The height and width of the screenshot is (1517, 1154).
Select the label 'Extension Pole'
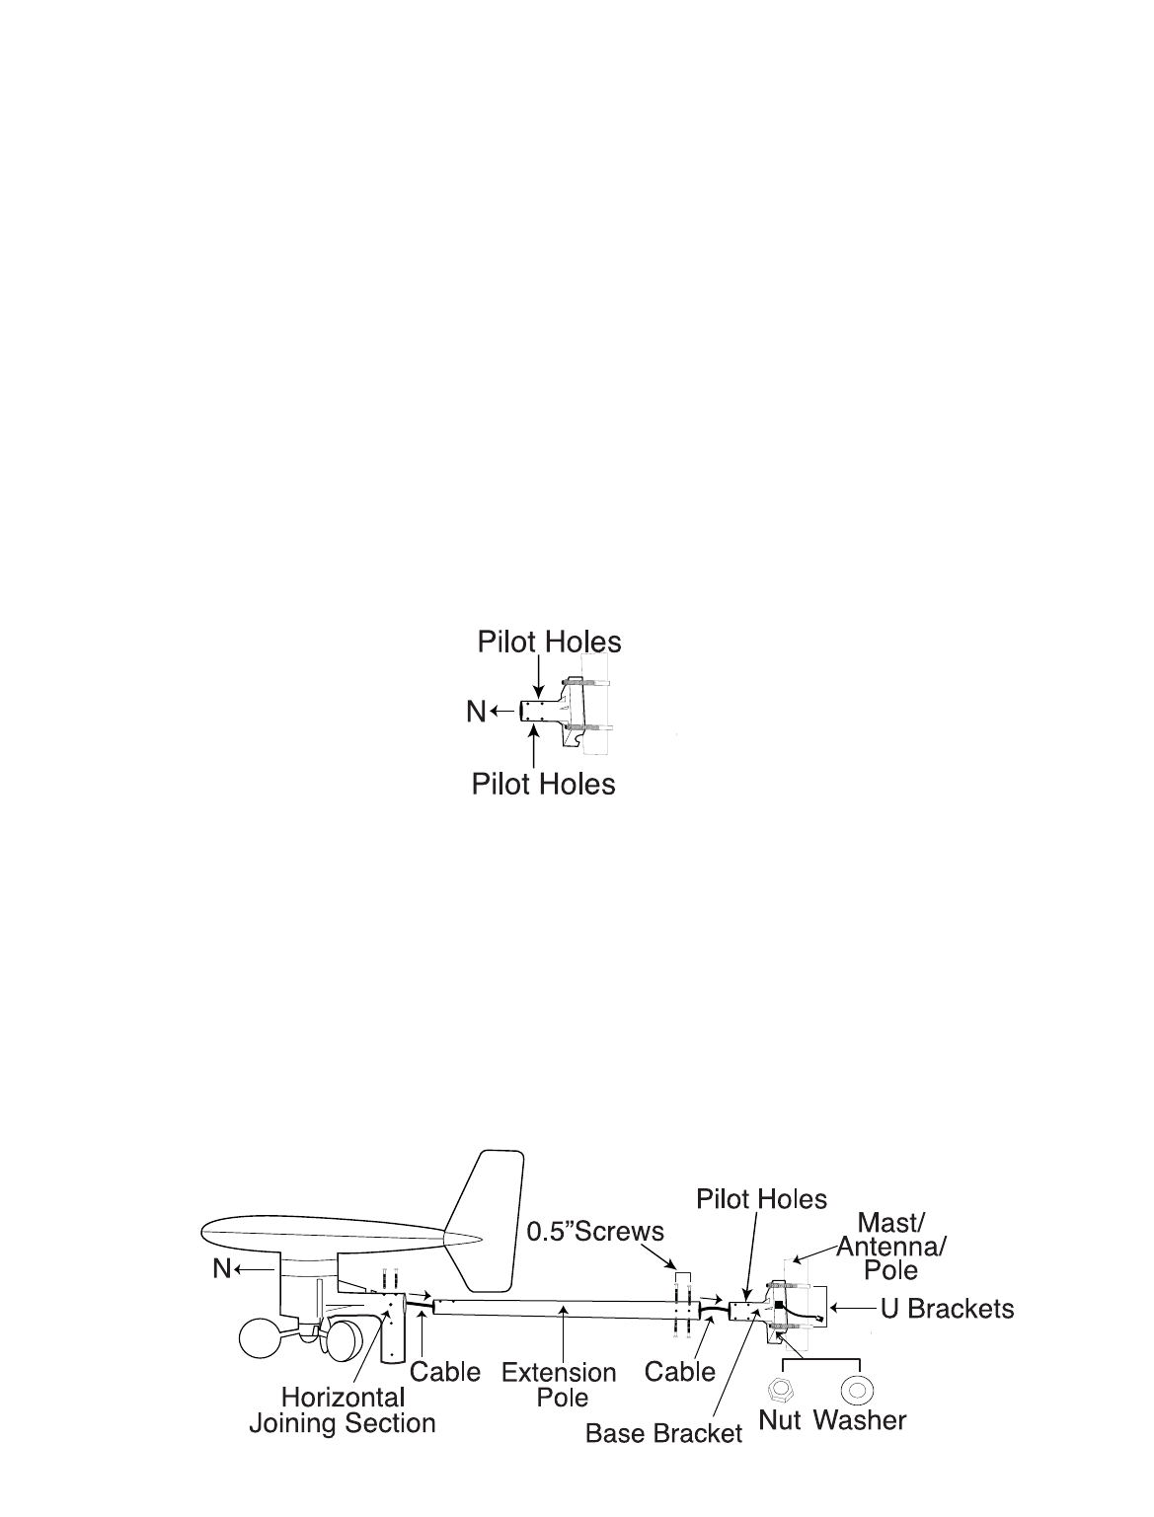click(x=559, y=1384)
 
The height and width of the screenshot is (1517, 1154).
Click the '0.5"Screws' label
click(x=594, y=1232)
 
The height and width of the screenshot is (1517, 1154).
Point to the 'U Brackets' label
click(x=947, y=1309)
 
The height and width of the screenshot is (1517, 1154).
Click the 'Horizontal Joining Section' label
click(x=342, y=1410)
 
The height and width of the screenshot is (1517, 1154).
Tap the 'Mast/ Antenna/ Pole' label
click(x=890, y=1246)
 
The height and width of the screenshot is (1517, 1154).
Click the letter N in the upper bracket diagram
click(x=477, y=711)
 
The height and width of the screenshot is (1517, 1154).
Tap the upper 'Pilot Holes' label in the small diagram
click(x=549, y=643)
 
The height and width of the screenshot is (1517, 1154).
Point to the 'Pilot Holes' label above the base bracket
click(x=761, y=1199)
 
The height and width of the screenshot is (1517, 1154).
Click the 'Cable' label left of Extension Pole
click(x=445, y=1372)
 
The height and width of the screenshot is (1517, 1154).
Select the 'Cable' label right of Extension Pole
click(x=679, y=1371)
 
